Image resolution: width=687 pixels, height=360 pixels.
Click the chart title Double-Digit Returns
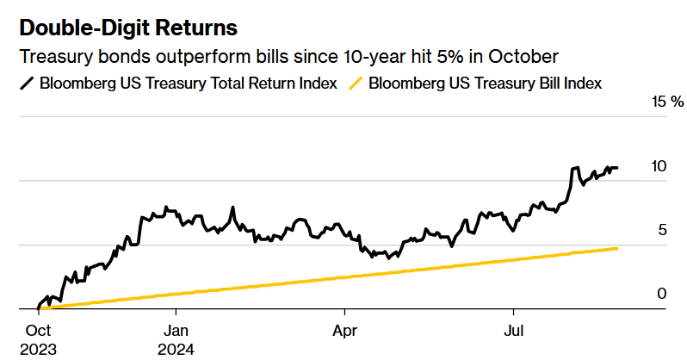click(x=128, y=28)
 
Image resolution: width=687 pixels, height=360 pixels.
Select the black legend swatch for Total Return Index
click(x=27, y=83)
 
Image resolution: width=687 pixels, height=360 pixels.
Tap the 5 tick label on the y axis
click(x=661, y=230)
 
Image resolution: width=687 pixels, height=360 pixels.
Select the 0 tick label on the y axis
click(x=661, y=294)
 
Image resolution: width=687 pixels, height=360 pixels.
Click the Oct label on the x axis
click(x=38, y=332)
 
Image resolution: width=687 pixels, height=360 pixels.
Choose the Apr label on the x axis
click(x=344, y=332)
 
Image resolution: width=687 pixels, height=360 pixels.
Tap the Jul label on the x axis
click(x=513, y=332)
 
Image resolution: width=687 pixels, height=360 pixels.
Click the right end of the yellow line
click(x=616, y=248)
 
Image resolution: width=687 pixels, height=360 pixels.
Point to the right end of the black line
click(x=616, y=168)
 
